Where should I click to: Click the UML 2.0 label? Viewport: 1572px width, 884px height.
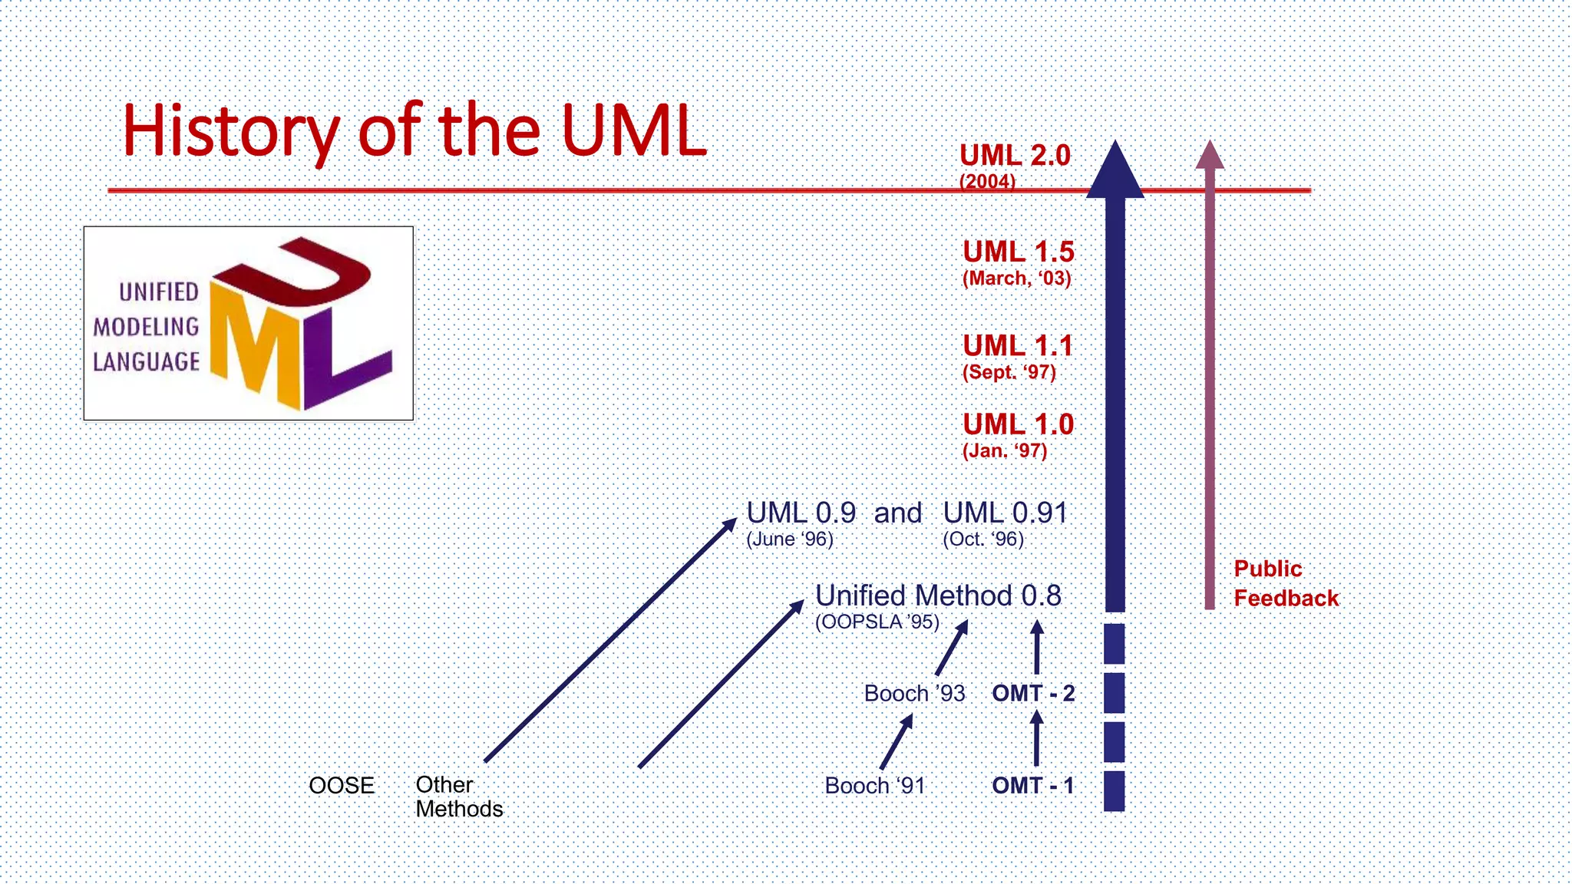[1015, 156]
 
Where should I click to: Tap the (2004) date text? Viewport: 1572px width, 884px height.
[987, 182]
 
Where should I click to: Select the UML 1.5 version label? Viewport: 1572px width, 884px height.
[1018, 252]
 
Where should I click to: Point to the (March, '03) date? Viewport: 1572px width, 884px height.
[1016, 279]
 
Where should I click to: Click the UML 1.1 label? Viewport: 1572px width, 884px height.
[1018, 346]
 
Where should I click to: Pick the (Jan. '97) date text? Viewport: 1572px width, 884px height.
[1005, 450]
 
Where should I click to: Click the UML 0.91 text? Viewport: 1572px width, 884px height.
[1005, 513]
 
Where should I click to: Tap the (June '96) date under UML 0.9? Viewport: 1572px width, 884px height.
[790, 539]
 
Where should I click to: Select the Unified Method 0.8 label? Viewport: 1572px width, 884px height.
[938, 596]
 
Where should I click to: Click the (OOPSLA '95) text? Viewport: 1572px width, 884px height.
[877, 622]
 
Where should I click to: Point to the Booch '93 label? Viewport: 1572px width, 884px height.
[914, 694]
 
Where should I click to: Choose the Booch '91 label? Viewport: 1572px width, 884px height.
[875, 786]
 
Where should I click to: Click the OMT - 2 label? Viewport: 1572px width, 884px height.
[1033, 694]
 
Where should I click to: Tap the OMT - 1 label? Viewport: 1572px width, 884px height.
[1032, 786]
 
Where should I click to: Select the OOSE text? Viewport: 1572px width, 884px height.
[342, 786]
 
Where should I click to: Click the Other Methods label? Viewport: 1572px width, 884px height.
[458, 797]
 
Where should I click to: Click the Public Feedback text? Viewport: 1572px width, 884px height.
[1285, 583]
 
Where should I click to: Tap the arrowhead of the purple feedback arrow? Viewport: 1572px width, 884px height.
[1210, 156]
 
